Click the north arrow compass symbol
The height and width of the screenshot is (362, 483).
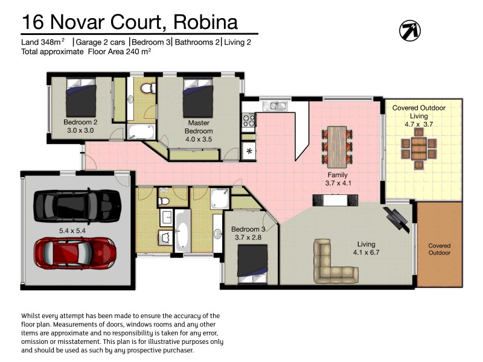point(410,30)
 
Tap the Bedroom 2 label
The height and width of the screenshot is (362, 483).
point(80,122)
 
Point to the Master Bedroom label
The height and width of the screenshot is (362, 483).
point(199,127)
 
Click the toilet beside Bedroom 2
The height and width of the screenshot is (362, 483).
point(145,90)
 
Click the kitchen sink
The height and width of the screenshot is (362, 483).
point(278,107)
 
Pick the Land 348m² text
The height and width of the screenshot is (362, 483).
point(43,42)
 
